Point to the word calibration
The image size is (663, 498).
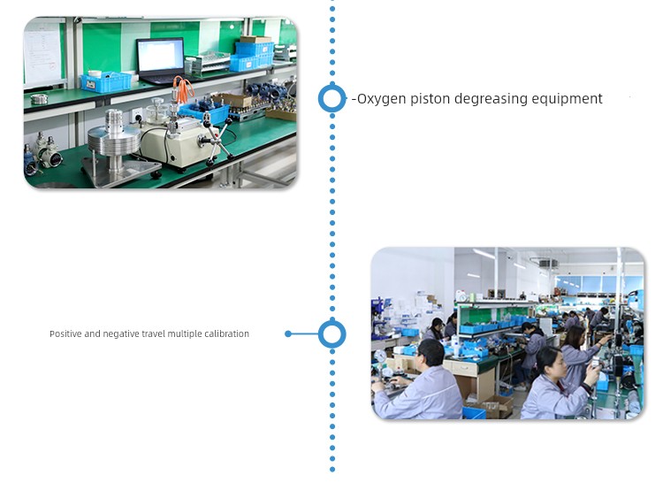226,333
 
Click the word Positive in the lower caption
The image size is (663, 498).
65,333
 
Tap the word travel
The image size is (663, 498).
154,333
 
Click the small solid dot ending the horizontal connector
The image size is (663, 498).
288,333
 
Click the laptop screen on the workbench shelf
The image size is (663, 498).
161,56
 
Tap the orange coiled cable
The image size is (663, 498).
183,89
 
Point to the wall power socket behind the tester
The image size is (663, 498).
136,115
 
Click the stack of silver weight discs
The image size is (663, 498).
114,140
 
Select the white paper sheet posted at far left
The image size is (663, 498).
42,55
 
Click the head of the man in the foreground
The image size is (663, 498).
430,352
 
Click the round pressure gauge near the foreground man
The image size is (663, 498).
380,356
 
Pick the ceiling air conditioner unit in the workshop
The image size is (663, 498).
548,263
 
